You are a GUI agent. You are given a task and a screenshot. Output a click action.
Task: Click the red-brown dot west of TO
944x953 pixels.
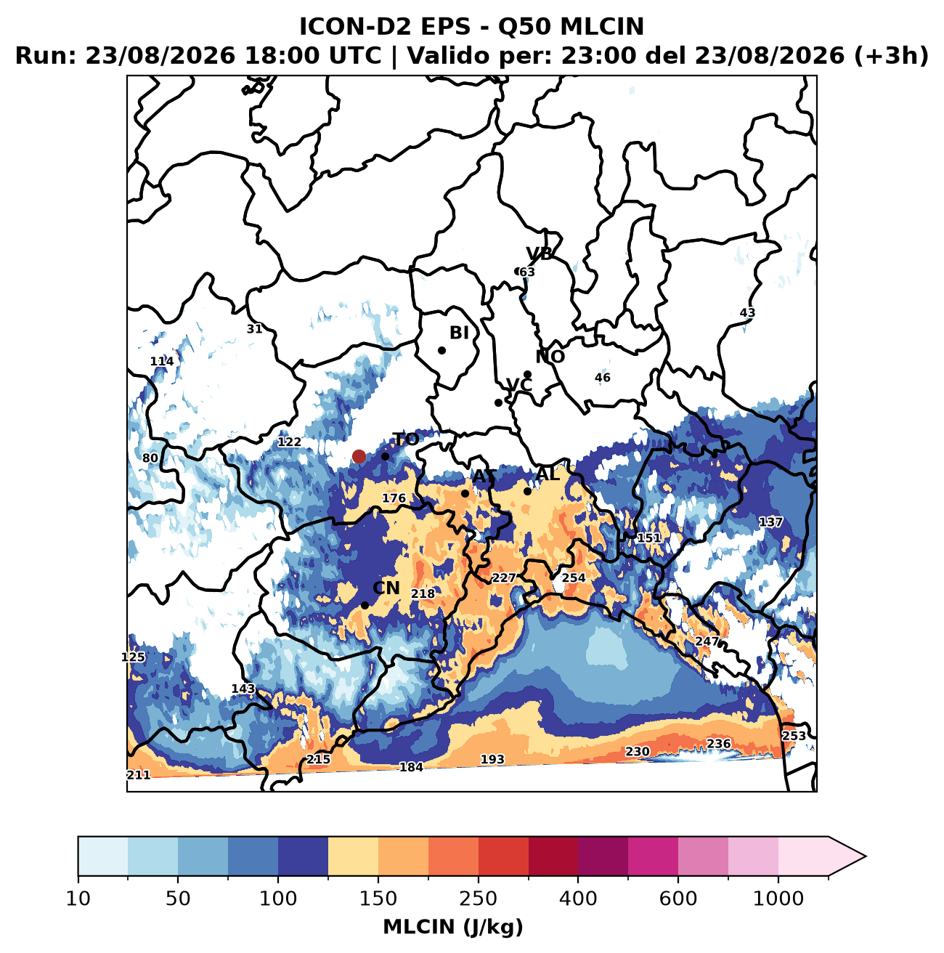point(359,456)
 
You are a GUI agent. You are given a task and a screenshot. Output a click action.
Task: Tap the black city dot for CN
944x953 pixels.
point(365,605)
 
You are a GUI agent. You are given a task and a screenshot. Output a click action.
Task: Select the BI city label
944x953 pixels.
point(459,333)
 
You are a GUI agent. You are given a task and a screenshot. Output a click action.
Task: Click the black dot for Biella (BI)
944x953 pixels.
point(442,350)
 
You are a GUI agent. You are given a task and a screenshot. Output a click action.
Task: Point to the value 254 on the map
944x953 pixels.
point(574,577)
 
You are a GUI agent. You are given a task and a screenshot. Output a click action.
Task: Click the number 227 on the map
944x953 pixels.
point(504,577)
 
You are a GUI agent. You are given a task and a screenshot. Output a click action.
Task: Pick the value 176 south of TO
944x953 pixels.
point(394,498)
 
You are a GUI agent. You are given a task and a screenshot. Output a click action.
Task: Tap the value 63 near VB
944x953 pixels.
point(527,272)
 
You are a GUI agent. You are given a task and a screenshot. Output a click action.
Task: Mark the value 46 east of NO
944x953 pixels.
point(602,377)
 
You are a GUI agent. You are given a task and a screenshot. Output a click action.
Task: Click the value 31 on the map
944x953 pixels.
point(255,328)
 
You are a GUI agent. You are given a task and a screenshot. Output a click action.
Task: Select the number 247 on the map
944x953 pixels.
point(707,641)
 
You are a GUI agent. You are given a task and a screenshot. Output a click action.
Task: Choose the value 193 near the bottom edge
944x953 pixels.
point(492,759)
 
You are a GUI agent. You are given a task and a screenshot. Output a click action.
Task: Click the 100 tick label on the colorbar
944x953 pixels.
point(278,898)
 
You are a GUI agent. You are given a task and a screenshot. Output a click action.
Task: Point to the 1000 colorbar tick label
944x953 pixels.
point(778,898)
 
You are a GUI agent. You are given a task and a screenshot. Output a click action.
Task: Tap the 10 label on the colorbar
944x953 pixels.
point(78,898)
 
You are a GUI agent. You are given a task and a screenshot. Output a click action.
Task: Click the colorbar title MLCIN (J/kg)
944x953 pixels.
point(453,927)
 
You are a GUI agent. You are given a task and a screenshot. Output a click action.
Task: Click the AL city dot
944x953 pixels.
point(528,491)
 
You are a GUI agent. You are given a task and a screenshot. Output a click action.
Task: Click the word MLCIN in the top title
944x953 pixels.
point(602,27)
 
